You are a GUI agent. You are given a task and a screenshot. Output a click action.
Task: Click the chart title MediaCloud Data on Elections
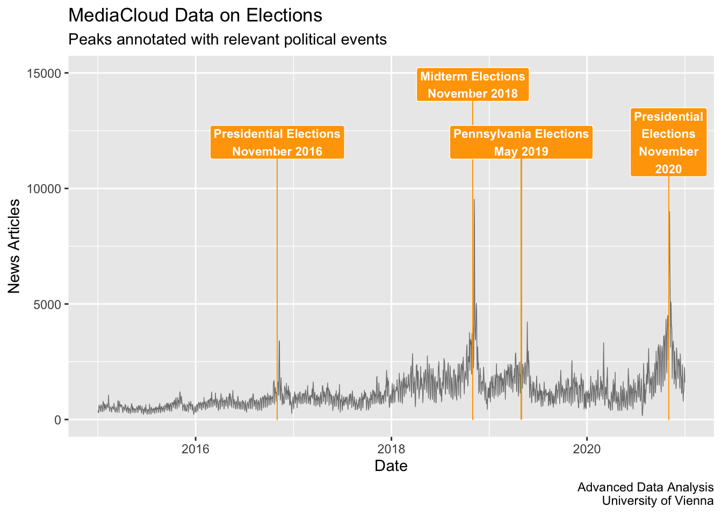point(195,16)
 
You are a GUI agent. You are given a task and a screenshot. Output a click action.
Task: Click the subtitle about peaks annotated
point(228,40)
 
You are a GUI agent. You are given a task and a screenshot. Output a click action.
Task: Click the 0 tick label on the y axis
point(58,420)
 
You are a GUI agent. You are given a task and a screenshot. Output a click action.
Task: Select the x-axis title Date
point(391,466)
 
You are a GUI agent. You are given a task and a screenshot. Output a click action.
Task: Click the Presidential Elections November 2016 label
point(277,142)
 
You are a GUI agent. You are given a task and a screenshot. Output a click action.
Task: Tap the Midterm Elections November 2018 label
point(473,85)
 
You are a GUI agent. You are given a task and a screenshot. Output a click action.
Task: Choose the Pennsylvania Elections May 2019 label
point(521,142)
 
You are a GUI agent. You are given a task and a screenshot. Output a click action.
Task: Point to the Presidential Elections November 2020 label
point(668,143)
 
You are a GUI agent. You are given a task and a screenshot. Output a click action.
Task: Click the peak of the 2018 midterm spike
point(474,200)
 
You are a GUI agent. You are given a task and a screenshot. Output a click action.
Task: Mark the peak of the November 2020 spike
point(669,211)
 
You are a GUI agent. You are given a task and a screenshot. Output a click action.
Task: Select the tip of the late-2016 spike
point(279,341)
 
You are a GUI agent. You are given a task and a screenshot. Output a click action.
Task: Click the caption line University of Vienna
point(658,501)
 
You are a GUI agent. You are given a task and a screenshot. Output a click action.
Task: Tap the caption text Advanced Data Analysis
point(645,488)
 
